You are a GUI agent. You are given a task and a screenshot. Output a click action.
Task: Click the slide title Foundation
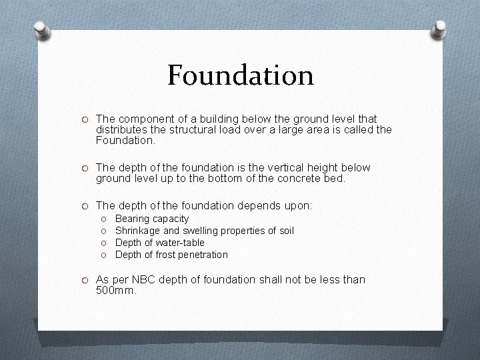coord(240,75)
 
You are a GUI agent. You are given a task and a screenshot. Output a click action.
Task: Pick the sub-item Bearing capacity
coord(152,219)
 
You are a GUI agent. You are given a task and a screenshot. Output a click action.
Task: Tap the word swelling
coord(201,231)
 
